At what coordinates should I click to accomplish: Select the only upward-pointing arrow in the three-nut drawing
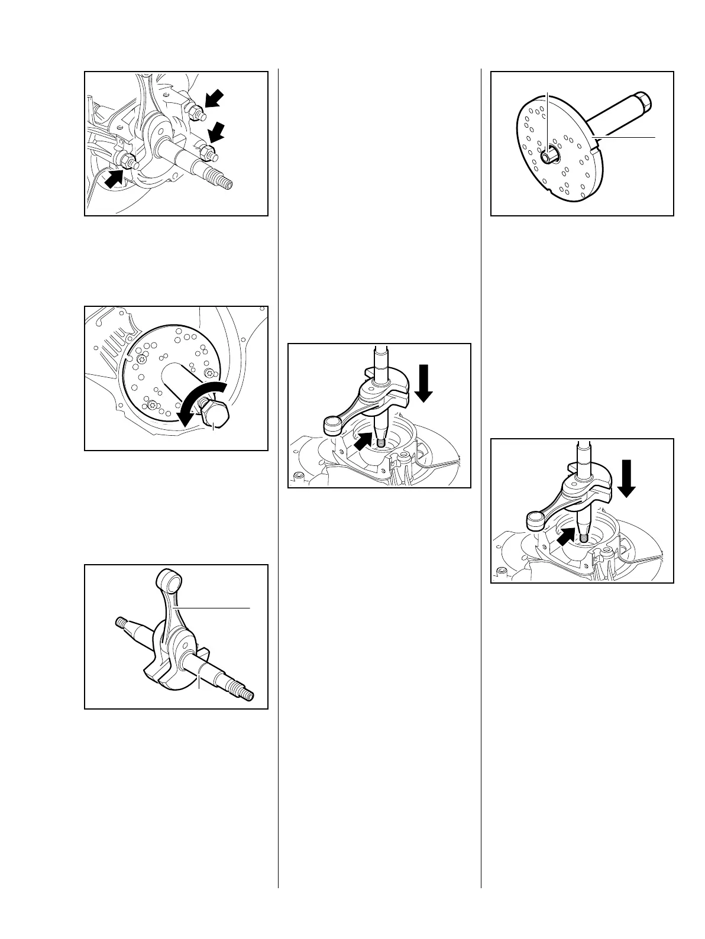point(114,179)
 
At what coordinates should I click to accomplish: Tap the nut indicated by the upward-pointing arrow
point(127,160)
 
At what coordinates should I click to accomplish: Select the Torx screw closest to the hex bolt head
point(210,373)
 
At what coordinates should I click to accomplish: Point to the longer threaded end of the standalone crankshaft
point(243,694)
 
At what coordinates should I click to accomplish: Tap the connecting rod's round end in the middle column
point(332,425)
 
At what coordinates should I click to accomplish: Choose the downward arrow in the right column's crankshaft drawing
point(627,476)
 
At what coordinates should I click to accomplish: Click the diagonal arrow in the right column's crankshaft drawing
point(567,536)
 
